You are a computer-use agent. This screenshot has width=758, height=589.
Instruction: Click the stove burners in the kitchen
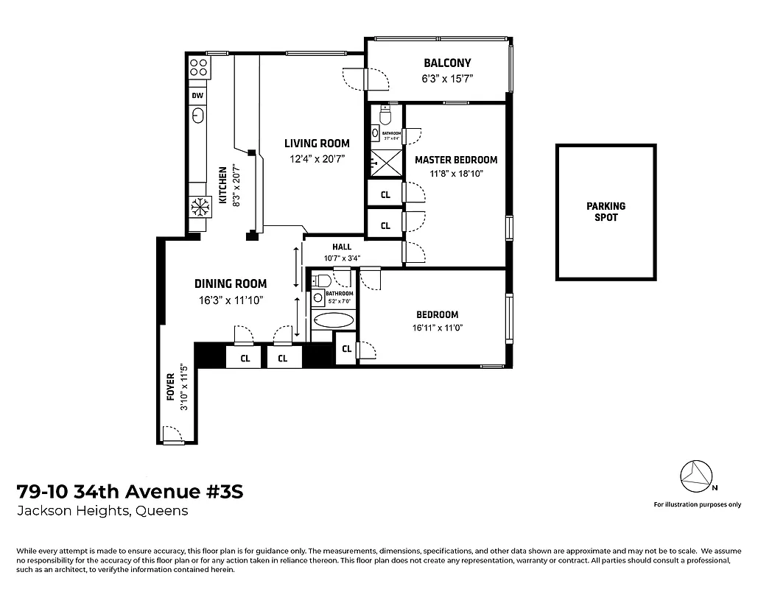coord(198,68)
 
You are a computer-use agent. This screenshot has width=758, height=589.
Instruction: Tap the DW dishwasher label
coord(197,96)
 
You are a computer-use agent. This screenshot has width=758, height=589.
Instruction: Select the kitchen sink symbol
coord(197,115)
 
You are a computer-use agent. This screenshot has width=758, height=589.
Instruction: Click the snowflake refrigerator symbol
coord(197,206)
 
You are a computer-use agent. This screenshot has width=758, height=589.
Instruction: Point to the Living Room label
coord(317,144)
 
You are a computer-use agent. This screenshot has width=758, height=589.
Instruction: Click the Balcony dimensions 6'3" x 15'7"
coord(446,78)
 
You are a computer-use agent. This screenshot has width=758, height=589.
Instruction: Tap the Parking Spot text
coord(606,212)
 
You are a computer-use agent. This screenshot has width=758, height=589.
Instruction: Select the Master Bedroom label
coord(455,160)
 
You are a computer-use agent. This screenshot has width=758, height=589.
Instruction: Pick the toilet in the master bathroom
coord(385,116)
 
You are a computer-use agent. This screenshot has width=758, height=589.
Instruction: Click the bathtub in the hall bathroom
coord(333,320)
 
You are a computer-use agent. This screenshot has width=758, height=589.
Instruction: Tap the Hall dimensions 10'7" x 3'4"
coord(342,258)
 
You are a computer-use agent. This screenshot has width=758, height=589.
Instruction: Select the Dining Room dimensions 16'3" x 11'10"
coord(231,300)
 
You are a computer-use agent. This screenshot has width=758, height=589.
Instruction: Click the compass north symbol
coord(696,477)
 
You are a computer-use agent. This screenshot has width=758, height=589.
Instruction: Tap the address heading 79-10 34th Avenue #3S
coord(129,491)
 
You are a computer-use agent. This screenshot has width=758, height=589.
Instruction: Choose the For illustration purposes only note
coord(697,504)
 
